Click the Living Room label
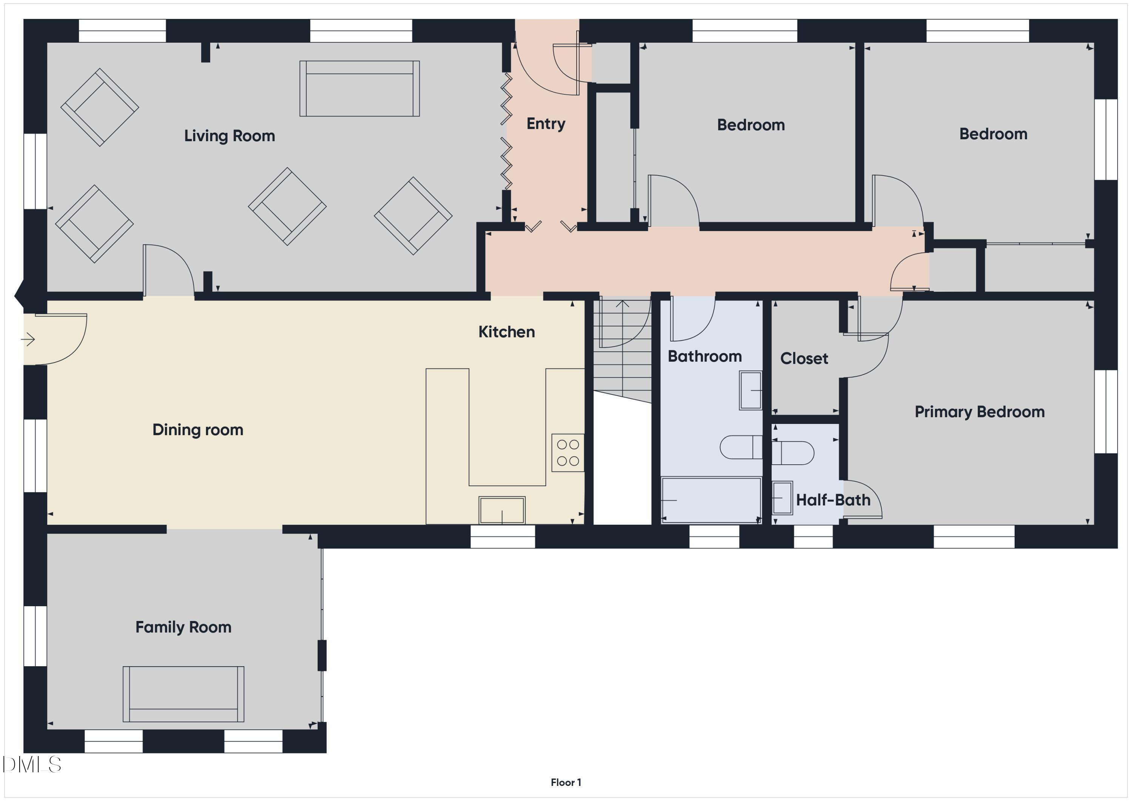(229, 136)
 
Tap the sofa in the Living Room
(360, 89)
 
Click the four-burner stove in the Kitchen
(568, 453)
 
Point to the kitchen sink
(501, 510)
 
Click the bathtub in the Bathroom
(711, 500)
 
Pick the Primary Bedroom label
(979, 412)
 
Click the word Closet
(804, 359)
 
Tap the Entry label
(545, 124)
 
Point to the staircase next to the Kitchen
(622, 350)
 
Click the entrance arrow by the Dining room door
(28, 339)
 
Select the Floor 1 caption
(566, 782)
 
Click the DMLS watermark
(32, 764)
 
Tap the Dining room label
(198, 430)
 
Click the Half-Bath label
(833, 500)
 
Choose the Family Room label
(183, 627)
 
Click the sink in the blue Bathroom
(751, 391)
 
